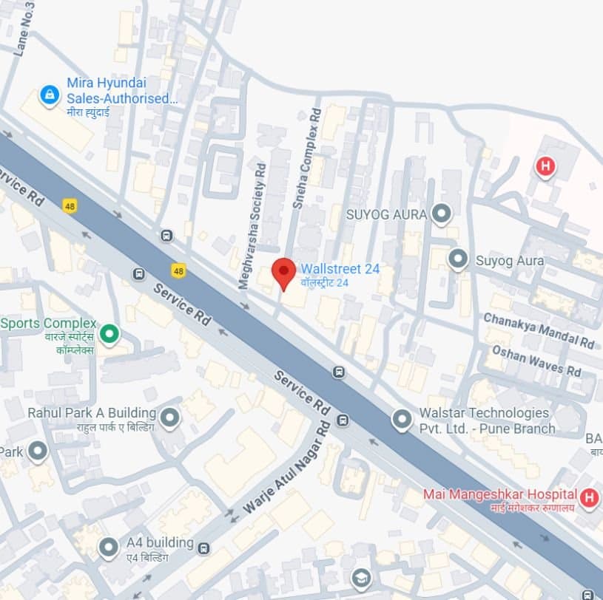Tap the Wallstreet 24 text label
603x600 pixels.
pyautogui.click(x=334, y=275)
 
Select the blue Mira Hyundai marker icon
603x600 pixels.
pyautogui.click(x=50, y=95)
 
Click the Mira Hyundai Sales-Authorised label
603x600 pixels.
pyautogui.click(x=121, y=91)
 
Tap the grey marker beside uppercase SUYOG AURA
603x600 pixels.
pyautogui.click(x=442, y=214)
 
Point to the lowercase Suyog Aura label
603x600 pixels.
pyautogui.click(x=509, y=261)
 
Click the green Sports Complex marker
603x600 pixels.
pyautogui.click(x=110, y=335)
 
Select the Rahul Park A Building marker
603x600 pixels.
pyautogui.click(x=170, y=418)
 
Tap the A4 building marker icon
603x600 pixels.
pyautogui.click(x=109, y=548)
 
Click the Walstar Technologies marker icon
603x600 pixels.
pyautogui.click(x=402, y=420)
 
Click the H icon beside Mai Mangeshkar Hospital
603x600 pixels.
pyautogui.click(x=589, y=497)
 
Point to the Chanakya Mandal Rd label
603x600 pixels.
pyautogui.click(x=539, y=330)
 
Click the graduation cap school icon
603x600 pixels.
pyautogui.click(x=360, y=577)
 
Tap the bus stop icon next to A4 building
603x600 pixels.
pyautogui.click(x=204, y=548)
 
